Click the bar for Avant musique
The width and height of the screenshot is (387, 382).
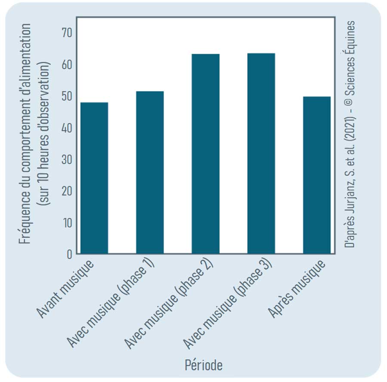pos(94,178)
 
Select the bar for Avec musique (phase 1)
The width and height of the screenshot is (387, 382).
pos(150,172)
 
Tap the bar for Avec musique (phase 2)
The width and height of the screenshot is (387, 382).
pos(206,154)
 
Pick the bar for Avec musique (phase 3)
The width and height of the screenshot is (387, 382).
pos(261,153)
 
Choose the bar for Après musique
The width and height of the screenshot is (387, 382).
pos(316,175)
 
